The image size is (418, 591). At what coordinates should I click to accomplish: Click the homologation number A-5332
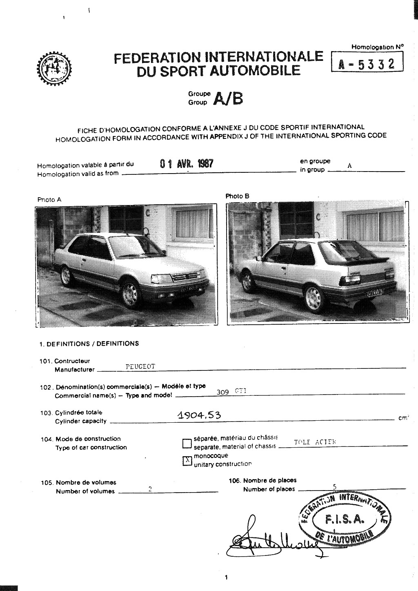[x=366, y=64]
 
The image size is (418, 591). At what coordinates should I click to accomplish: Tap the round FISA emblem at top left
[x=53, y=69]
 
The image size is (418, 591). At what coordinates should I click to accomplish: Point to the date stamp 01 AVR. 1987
[x=187, y=164]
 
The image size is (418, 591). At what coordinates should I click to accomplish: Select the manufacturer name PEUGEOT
[x=140, y=367]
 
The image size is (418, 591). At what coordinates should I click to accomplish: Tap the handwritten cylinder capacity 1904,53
[x=200, y=415]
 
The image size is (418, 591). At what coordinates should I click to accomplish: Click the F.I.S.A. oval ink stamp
[x=345, y=519]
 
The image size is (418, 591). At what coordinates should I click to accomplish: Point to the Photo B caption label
[x=237, y=196]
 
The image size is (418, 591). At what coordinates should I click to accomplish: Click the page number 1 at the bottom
[x=226, y=577]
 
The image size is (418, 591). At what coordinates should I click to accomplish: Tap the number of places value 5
[x=334, y=486]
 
